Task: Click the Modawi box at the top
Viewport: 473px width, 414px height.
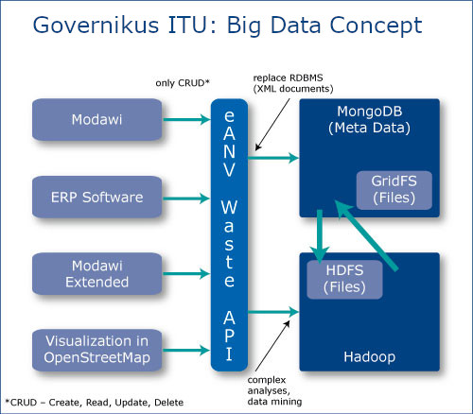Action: pyautogui.click(x=97, y=119)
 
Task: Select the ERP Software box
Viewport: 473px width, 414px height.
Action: pyautogui.click(x=97, y=198)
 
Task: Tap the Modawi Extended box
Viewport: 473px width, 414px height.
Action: pyautogui.click(x=97, y=274)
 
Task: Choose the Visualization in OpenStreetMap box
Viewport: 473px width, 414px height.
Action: pyautogui.click(x=97, y=350)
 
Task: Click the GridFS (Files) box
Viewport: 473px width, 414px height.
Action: pyautogui.click(x=394, y=190)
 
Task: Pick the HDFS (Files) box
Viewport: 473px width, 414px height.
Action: pyautogui.click(x=344, y=280)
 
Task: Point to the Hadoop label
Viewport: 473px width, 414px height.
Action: pyautogui.click(x=369, y=357)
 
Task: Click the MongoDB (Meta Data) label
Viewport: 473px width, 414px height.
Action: pyautogui.click(x=369, y=120)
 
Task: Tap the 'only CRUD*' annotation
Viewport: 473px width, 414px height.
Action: pyautogui.click(x=183, y=83)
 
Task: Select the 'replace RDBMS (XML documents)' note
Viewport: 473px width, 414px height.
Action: pyautogui.click(x=293, y=83)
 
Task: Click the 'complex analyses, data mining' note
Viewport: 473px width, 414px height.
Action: pyautogui.click(x=274, y=390)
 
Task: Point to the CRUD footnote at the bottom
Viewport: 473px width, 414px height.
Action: pyautogui.click(x=95, y=403)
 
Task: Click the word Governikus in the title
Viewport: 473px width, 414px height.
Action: pyautogui.click(x=96, y=26)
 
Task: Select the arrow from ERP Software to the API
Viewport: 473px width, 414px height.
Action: pyautogui.click(x=186, y=198)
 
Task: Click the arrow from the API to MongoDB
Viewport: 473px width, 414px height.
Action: pyautogui.click(x=273, y=157)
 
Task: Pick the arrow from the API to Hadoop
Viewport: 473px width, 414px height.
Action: pyautogui.click(x=273, y=312)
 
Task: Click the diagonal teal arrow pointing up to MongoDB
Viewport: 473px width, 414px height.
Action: pyautogui.click(x=366, y=235)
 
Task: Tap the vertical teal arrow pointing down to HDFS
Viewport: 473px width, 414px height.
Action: pyautogui.click(x=320, y=236)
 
